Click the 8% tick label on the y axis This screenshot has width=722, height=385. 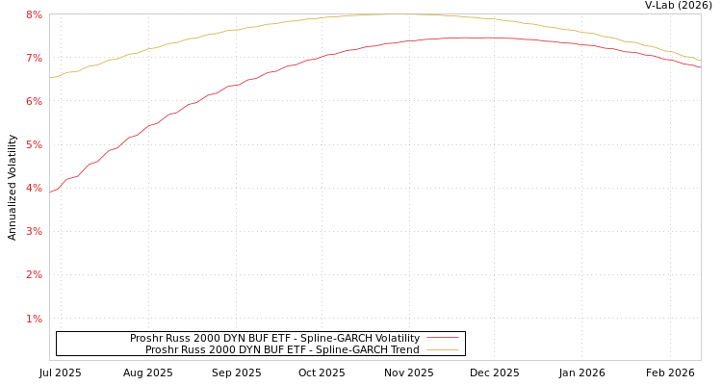(34, 14)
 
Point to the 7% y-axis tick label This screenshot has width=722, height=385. (34, 58)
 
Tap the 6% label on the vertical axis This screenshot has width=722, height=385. (34, 101)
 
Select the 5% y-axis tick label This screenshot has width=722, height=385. (34, 144)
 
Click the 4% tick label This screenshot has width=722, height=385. (34, 188)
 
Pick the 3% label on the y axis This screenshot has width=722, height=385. (34, 231)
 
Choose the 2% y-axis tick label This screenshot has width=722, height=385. (34, 274)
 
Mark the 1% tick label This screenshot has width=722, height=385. (34, 319)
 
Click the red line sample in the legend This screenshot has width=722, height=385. (442, 338)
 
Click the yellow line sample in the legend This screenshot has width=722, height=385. (442, 349)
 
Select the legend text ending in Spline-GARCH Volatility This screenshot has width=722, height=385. (274, 338)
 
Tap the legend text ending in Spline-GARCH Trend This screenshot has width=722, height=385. (282, 349)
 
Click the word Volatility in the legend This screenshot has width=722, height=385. (396, 338)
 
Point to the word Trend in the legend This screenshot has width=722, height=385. (403, 349)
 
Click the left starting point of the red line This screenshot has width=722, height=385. (50, 191)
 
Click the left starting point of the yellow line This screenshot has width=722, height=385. (50, 78)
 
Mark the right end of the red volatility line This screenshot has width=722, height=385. (700, 67)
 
